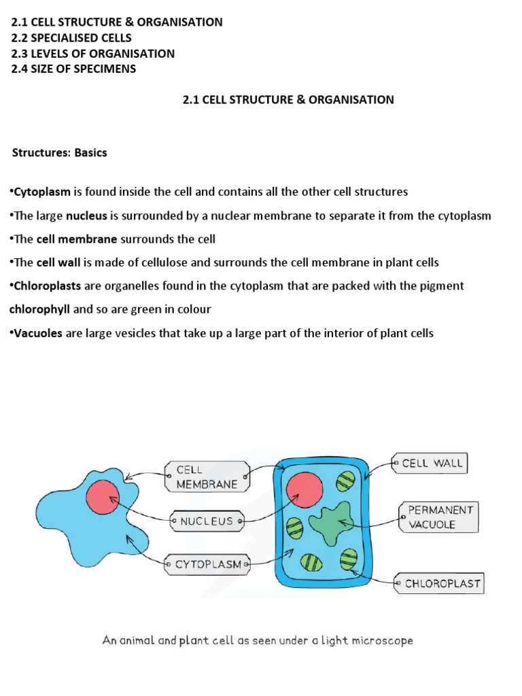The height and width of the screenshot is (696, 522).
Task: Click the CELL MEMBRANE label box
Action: (x=207, y=476)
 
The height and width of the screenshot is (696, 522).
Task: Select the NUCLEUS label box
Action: (x=207, y=522)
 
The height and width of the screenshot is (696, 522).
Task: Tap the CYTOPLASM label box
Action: (x=207, y=564)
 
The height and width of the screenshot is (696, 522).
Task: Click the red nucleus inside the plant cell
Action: (x=304, y=489)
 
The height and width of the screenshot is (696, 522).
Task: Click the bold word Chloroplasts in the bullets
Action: (x=46, y=286)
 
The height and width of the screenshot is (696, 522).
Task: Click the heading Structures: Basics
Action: (x=60, y=153)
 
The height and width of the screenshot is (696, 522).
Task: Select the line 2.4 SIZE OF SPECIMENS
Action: (x=73, y=69)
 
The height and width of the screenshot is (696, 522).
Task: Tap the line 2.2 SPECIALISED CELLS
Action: (x=71, y=37)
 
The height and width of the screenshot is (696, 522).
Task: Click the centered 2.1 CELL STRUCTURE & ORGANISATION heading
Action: (x=288, y=99)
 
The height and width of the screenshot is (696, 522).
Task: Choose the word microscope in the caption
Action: (x=383, y=640)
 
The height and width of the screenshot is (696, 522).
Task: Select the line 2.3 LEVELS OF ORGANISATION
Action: (x=92, y=53)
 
